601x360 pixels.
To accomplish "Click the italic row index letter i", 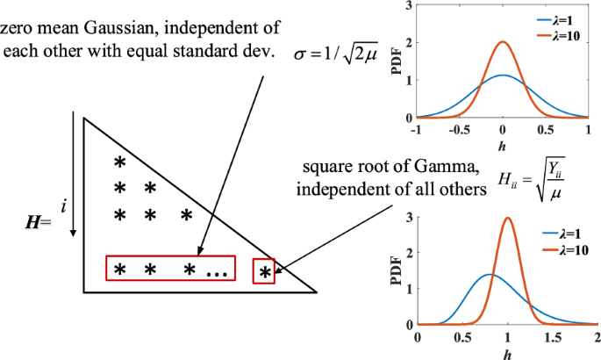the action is tap(63, 205).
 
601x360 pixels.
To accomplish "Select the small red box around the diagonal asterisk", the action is tap(263, 271).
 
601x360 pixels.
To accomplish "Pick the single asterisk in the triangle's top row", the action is tap(121, 162).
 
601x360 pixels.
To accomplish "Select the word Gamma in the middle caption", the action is tap(419, 166).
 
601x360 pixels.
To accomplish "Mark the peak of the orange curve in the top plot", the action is tap(503, 41).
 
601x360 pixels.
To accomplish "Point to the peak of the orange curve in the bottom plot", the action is tap(508, 219).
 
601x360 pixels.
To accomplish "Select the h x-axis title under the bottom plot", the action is tap(507, 353).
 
